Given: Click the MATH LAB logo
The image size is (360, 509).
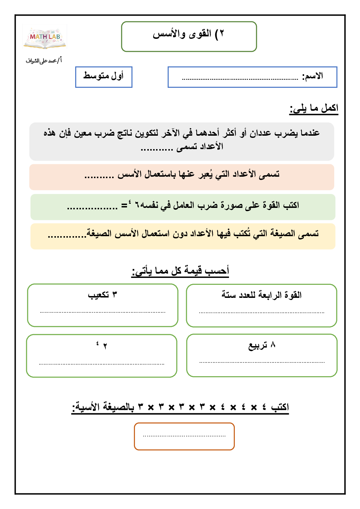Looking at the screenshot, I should pyautogui.click(x=45, y=37).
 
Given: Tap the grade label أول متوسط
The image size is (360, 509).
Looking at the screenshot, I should pyautogui.click(x=103, y=76).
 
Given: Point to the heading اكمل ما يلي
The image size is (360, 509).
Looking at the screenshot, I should pyautogui.click(x=314, y=108).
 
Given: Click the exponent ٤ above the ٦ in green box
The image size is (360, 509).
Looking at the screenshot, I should pyautogui.click(x=130, y=201).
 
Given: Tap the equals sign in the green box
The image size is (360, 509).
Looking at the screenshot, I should pyautogui.click(x=124, y=206).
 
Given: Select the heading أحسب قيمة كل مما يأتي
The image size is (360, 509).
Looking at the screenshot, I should pyautogui.click(x=180, y=271).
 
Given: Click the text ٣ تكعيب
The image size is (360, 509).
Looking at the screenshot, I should pyautogui.click(x=102, y=295).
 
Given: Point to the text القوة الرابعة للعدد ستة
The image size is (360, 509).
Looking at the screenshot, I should pyautogui.click(x=261, y=295).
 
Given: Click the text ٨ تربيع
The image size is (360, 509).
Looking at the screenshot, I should pyautogui.click(x=262, y=345).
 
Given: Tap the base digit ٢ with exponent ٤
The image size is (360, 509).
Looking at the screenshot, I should pyautogui.click(x=105, y=346).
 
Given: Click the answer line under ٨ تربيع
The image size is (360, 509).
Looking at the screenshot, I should pyautogui.click(x=262, y=362).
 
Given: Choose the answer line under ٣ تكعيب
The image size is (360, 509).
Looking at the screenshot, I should pyautogui.click(x=102, y=312).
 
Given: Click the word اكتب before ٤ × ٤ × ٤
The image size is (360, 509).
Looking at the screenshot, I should pyautogui.click(x=280, y=407).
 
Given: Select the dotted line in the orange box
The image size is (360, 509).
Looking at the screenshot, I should pyautogui.click(x=184, y=436).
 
